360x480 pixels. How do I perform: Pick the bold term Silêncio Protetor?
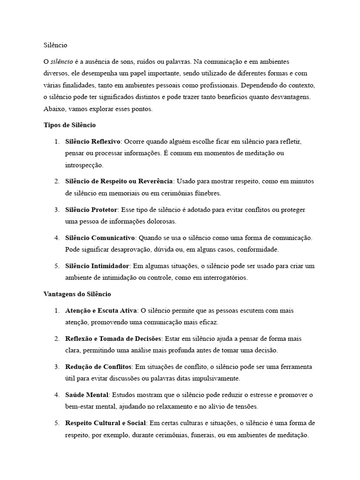(x=91, y=210)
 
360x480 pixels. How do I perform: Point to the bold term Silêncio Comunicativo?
(x=100, y=238)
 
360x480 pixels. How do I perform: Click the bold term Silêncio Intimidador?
(x=97, y=266)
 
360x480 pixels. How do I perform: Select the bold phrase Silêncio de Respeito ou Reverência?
(x=119, y=181)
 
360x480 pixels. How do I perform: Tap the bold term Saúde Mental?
(x=87, y=395)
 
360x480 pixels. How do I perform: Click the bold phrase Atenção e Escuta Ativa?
(x=101, y=310)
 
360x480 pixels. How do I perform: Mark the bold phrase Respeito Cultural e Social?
(x=106, y=423)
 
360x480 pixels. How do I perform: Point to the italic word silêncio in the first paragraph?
(x=61, y=62)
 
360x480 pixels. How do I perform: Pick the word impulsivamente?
(x=217, y=378)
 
